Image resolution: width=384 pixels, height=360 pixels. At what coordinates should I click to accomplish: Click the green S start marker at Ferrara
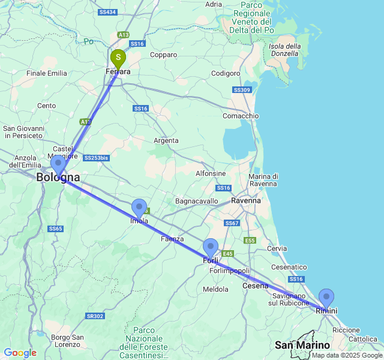click(118, 59)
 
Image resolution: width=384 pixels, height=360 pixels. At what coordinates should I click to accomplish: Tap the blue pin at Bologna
click(58, 164)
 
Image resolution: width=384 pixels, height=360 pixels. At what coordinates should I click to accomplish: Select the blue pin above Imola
click(139, 208)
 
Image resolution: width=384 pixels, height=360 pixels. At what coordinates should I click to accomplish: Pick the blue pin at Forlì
click(211, 247)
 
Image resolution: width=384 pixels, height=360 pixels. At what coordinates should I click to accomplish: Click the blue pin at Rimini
click(326, 298)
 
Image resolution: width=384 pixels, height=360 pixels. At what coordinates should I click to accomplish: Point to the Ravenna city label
click(246, 200)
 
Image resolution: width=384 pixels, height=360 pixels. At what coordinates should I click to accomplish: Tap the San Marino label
click(302, 345)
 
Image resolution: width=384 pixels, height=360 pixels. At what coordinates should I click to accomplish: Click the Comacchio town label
click(241, 116)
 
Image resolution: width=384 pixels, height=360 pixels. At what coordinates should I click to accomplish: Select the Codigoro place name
click(226, 74)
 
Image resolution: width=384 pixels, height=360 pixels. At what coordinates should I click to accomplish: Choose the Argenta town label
click(166, 140)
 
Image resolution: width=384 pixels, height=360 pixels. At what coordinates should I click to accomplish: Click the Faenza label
click(172, 239)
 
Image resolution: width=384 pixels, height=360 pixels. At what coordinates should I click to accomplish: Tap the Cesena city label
click(256, 286)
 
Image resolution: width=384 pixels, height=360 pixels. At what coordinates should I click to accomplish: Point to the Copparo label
click(164, 55)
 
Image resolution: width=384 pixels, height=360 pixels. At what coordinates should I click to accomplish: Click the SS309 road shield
click(242, 90)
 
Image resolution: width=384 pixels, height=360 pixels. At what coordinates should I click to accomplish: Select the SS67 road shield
click(232, 223)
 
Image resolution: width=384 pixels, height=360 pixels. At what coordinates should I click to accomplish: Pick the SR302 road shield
click(95, 316)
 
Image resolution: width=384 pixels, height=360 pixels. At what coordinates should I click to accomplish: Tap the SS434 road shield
click(108, 12)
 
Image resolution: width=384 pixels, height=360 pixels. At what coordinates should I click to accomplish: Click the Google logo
click(20, 353)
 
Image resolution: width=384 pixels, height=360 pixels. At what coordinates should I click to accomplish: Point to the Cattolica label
click(363, 339)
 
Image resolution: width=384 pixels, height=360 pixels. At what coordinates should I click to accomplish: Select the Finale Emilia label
click(47, 73)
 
